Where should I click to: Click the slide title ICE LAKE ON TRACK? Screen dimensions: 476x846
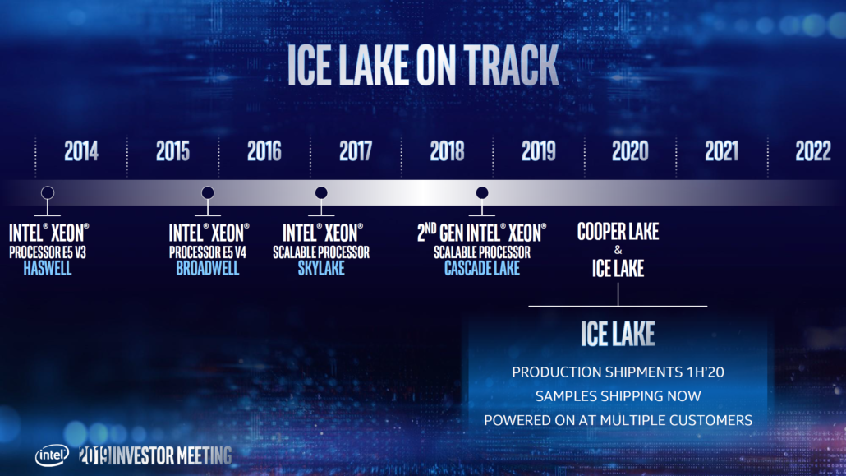[x=422, y=65]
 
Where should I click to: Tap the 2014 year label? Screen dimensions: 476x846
[x=81, y=151]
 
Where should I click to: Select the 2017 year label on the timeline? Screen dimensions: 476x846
[x=355, y=151]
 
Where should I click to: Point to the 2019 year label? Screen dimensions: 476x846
[x=538, y=151]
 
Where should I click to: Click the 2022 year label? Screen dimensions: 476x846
[x=812, y=151]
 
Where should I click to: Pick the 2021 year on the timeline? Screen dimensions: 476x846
[x=721, y=151]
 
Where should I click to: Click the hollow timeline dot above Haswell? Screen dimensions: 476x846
[x=48, y=193]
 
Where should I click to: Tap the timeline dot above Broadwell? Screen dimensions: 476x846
[x=208, y=193]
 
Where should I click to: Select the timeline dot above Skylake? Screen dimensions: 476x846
[x=321, y=193]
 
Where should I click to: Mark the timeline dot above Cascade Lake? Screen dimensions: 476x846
[x=482, y=193]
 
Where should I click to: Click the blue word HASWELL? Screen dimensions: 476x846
[x=47, y=269]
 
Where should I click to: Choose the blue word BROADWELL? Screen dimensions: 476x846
[x=208, y=269]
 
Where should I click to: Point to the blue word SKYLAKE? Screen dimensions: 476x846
[x=321, y=269]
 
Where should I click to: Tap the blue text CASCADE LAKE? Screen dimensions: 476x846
[x=482, y=269]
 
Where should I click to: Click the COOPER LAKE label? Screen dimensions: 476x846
[x=618, y=232]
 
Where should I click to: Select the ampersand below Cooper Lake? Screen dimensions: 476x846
[x=618, y=250]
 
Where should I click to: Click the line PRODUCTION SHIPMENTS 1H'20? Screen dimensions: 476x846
[x=618, y=372]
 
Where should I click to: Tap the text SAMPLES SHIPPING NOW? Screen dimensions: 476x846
[x=618, y=396]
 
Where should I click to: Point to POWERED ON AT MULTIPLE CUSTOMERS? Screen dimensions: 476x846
[x=618, y=420]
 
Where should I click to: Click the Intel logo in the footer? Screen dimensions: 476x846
[x=51, y=455]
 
